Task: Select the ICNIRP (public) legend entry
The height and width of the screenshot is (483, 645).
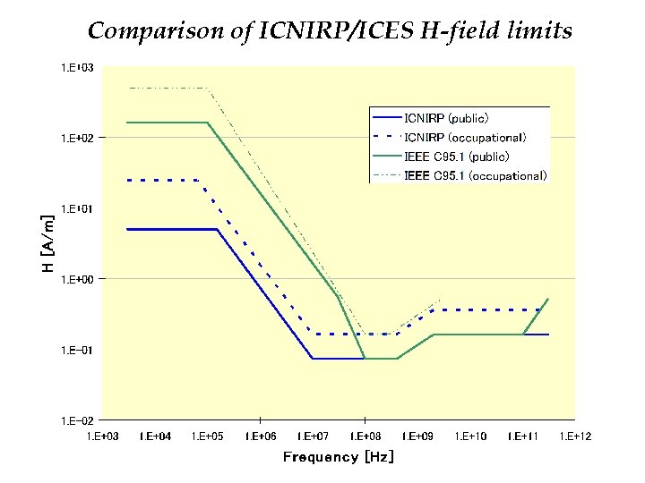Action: click(446, 117)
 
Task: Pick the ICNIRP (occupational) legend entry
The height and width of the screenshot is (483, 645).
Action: click(464, 137)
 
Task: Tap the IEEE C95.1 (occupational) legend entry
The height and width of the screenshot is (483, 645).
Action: click(475, 175)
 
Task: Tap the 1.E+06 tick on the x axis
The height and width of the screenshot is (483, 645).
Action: click(260, 436)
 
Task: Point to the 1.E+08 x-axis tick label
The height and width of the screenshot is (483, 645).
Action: click(365, 436)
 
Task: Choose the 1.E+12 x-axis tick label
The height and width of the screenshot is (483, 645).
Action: click(574, 436)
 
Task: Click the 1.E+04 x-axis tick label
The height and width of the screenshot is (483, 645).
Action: click(155, 436)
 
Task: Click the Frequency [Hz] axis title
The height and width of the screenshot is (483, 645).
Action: click(338, 457)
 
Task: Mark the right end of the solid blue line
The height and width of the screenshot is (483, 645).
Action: click(548, 335)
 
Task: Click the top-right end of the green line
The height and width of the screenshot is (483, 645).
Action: click(548, 299)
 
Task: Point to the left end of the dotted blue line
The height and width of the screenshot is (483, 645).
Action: click(128, 180)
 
